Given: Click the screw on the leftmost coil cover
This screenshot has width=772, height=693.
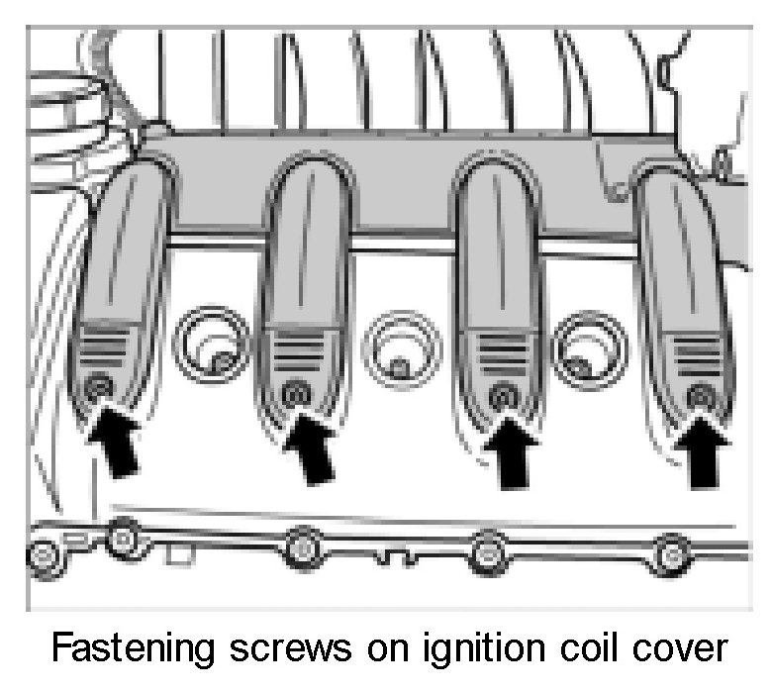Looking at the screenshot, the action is pyautogui.click(x=97, y=390).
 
